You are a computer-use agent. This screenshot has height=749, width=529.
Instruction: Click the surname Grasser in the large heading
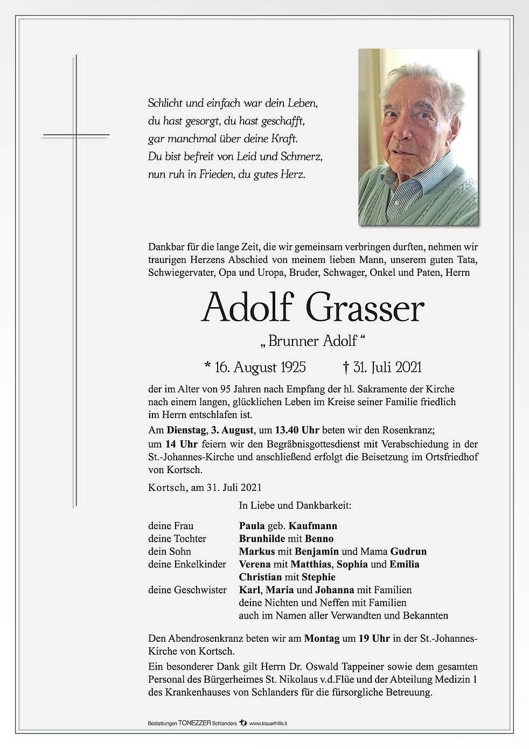[x=365, y=308]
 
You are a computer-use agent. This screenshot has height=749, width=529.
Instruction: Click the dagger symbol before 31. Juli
[x=346, y=367]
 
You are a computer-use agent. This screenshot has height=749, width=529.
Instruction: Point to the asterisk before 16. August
[x=208, y=366]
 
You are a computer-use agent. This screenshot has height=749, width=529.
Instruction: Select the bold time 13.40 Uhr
[x=297, y=430]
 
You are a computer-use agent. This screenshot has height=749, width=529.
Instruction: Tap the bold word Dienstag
[x=186, y=430]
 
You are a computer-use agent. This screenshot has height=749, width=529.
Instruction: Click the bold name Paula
[x=252, y=526]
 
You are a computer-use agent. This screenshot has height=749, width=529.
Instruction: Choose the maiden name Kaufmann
[x=313, y=526]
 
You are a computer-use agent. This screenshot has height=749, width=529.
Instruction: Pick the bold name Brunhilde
[x=262, y=539]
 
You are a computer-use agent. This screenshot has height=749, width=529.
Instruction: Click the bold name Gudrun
[x=408, y=551]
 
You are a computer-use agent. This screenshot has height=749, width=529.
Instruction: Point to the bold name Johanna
[x=335, y=590]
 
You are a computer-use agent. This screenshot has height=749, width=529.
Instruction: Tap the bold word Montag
[x=322, y=639]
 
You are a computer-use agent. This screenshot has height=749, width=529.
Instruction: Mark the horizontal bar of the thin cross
[x=75, y=135]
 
